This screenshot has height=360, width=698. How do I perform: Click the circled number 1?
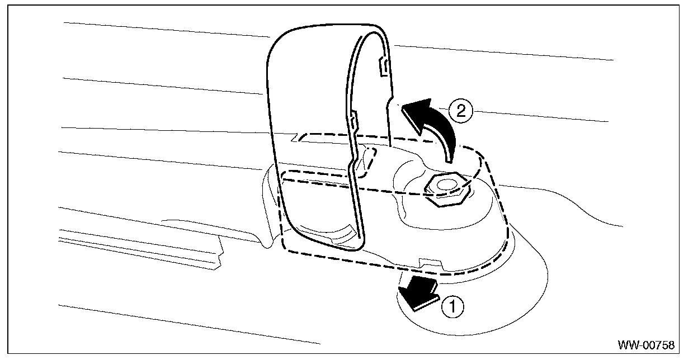click(x=453, y=306)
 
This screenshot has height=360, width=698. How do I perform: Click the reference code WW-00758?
click(x=646, y=344)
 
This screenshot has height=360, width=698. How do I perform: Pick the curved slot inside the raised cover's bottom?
click(x=327, y=231)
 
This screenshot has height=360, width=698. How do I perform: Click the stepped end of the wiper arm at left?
click(x=218, y=254)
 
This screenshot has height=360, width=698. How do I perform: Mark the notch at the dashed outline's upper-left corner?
click(x=296, y=136)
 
